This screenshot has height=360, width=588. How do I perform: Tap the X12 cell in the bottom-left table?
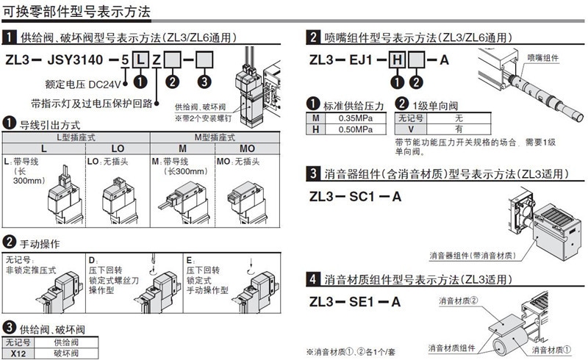pos(18,353)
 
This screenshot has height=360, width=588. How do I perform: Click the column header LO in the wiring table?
pos(118,148)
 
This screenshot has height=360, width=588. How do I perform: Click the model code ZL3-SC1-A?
pos(356,197)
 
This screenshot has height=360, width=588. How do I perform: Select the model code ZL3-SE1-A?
pos(355,301)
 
